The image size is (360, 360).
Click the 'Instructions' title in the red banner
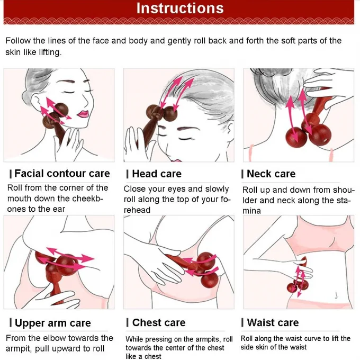tap(180, 8)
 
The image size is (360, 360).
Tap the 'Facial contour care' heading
tap(62, 173)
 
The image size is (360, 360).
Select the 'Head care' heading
tap(157, 174)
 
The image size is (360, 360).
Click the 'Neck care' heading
tap(271, 174)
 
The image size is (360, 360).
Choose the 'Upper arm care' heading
tap(53, 323)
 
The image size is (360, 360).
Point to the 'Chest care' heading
tap(159, 322)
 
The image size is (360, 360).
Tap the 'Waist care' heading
tap(273, 322)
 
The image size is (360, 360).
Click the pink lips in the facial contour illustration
tap(83, 114)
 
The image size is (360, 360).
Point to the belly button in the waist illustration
tap(336, 295)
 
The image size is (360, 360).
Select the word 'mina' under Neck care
tap(251, 211)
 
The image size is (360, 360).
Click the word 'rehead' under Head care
tap(137, 210)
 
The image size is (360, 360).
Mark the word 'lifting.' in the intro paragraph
tap(50, 52)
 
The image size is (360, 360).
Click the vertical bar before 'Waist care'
tap(242, 322)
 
